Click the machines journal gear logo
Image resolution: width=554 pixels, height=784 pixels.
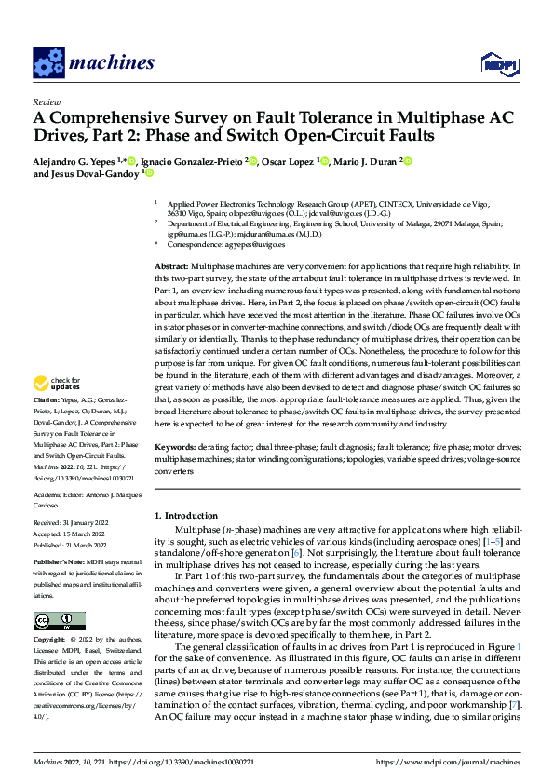coord(48,62)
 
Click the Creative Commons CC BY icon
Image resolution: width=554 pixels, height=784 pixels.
coord(59,621)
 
